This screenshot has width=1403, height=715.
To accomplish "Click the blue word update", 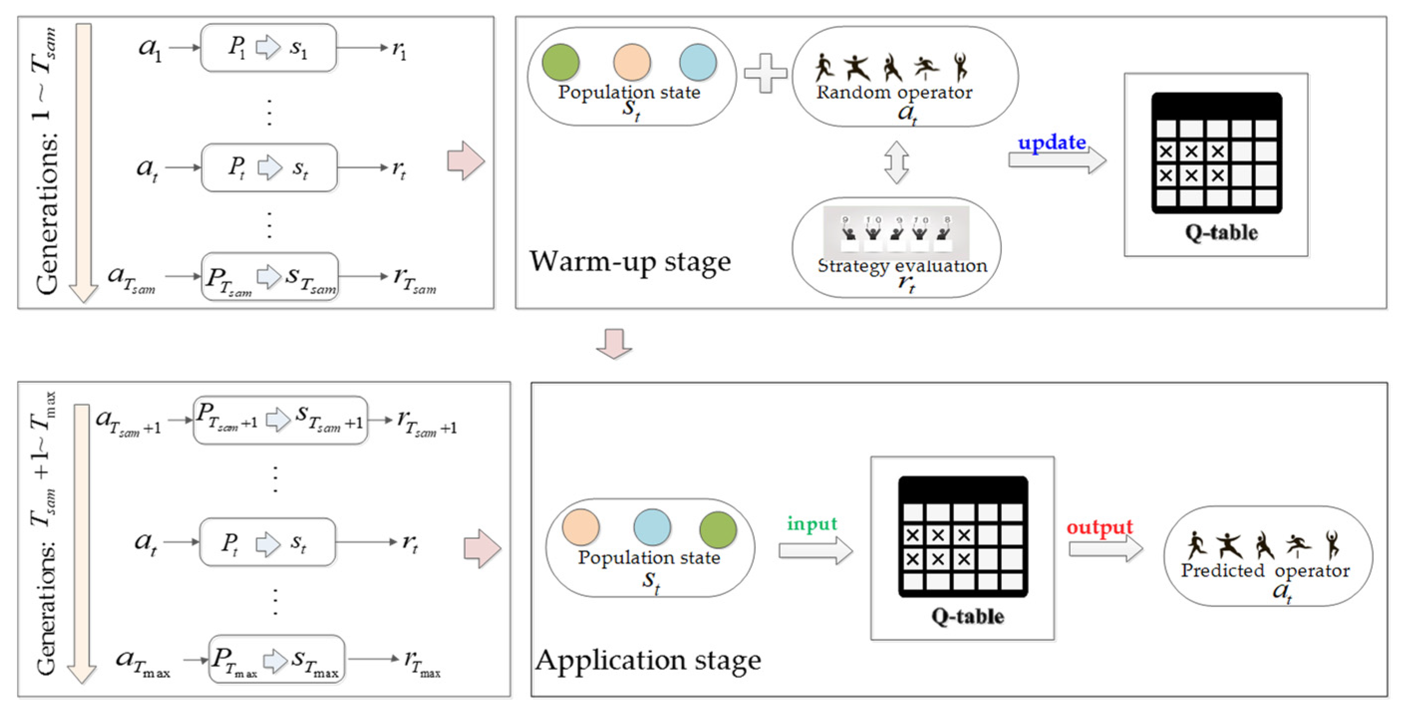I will [1052, 143].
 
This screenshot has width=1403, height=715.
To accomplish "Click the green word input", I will [812, 524].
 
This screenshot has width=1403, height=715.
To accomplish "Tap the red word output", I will [1099, 527].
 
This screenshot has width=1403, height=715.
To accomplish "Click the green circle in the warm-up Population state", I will [561, 63].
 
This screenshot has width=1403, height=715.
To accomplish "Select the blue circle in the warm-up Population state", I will [698, 63].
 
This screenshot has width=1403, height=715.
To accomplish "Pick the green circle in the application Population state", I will [718, 529].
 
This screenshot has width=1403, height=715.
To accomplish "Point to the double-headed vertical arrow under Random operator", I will [896, 162].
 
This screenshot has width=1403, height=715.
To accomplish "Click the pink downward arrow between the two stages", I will [614, 344].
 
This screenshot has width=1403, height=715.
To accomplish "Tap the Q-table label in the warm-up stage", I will [1221, 233].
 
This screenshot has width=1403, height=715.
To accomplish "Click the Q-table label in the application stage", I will [967, 616].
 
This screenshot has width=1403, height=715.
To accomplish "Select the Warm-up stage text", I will [630, 262].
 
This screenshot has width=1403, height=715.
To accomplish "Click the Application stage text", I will [648, 661].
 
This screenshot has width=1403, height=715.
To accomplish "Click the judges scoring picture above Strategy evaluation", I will [896, 231].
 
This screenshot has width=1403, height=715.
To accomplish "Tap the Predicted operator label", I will [1265, 571].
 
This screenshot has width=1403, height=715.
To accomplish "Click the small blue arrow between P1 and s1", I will [268, 47].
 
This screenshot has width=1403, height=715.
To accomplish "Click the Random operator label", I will [894, 93].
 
